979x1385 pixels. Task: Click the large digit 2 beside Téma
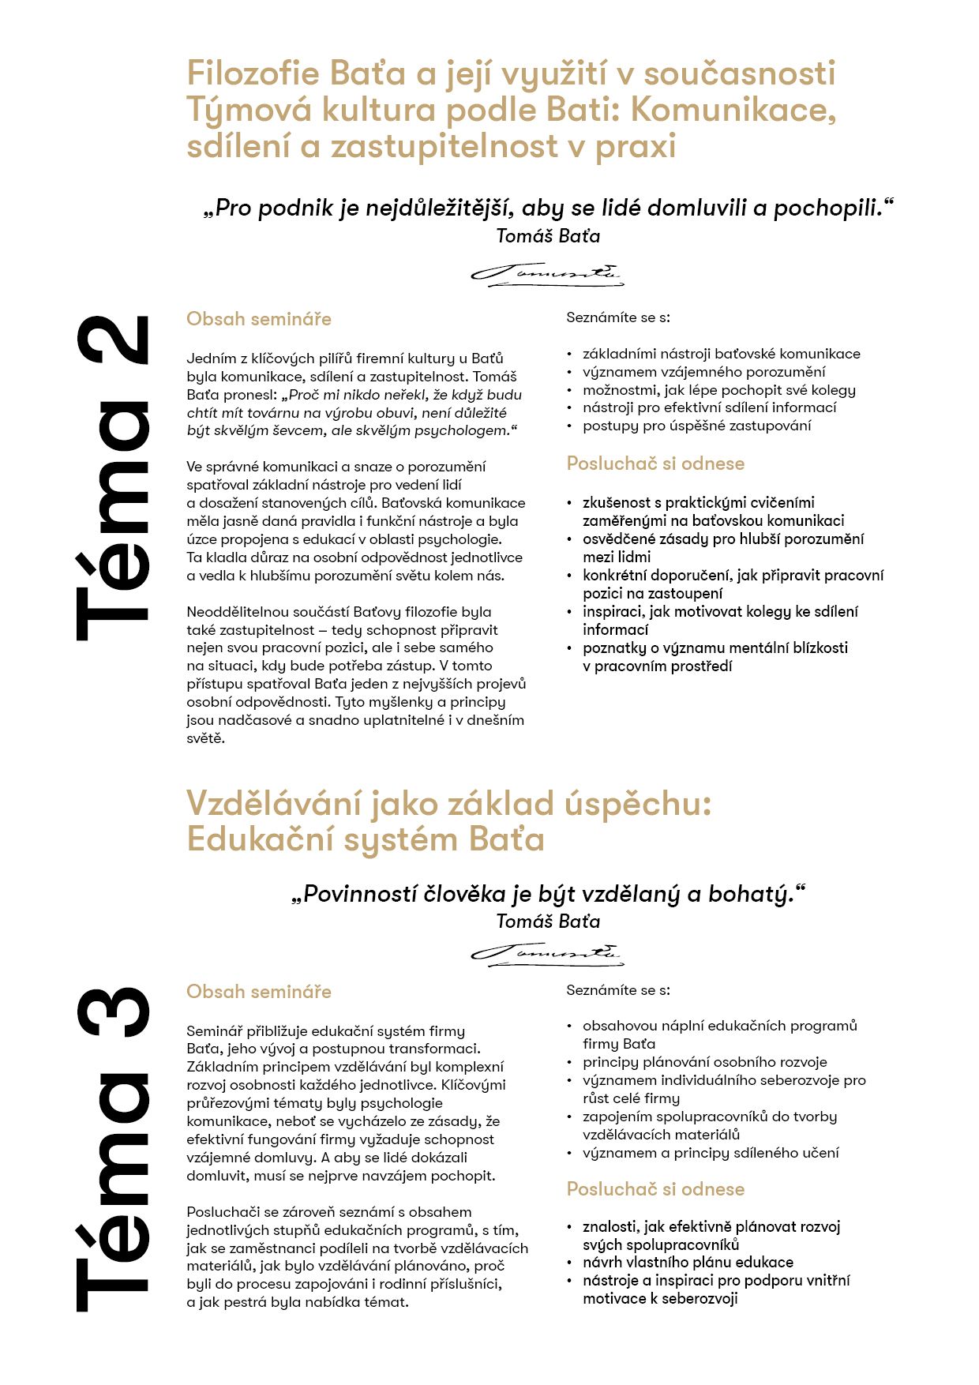click(113, 340)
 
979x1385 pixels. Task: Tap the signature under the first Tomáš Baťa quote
click(547, 273)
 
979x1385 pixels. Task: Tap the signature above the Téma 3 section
click(547, 953)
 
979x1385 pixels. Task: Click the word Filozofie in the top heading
click(253, 73)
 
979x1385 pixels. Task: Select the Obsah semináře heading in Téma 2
click(258, 319)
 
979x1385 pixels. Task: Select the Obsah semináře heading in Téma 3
click(258, 992)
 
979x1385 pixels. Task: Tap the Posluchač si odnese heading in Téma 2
click(655, 464)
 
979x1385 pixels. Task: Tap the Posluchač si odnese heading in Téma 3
click(655, 1189)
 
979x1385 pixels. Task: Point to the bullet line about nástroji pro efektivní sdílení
click(709, 407)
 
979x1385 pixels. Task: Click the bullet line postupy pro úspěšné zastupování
click(696, 426)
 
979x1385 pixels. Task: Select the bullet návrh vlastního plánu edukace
click(688, 1262)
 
